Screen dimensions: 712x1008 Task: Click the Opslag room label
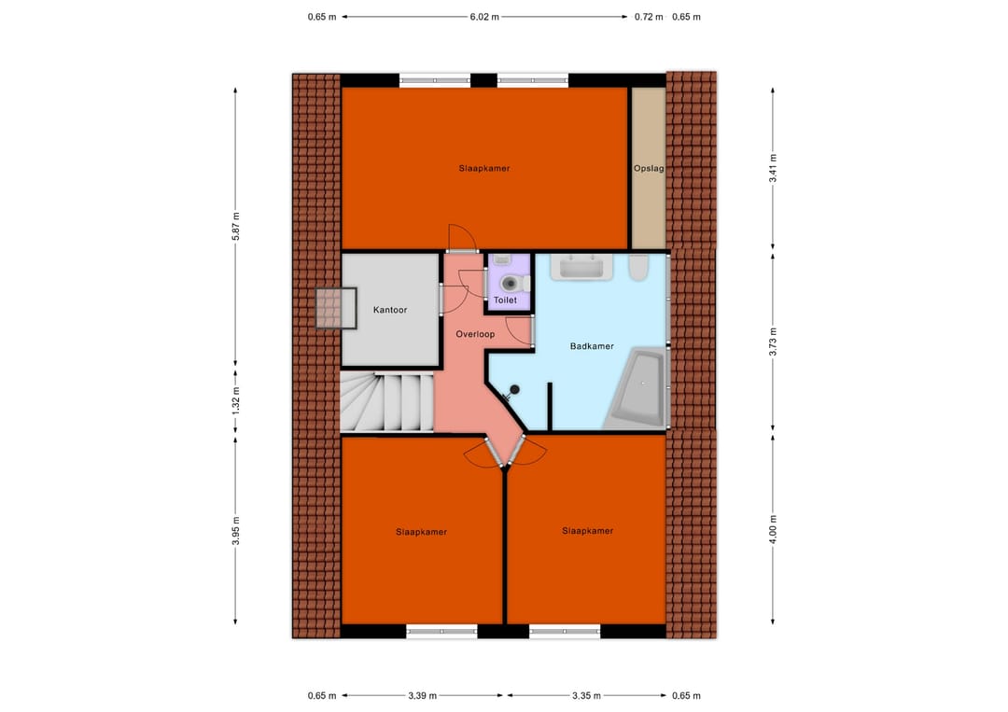tap(648, 169)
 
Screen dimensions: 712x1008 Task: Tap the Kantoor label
tap(390, 310)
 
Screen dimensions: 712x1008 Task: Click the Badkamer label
tap(592, 346)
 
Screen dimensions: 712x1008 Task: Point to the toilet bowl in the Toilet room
tap(509, 281)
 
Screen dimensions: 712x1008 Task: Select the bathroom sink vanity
tap(581, 268)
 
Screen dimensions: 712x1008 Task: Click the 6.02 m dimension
tap(483, 17)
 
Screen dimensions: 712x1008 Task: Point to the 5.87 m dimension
tap(235, 228)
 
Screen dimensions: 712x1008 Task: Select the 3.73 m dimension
tap(773, 340)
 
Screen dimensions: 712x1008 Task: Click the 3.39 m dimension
tap(423, 695)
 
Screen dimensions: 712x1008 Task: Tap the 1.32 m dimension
tap(235, 399)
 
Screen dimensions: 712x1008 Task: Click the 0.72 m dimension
tap(648, 17)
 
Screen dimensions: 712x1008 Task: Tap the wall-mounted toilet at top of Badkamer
tap(639, 268)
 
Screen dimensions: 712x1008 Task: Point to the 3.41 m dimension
tap(773, 168)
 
